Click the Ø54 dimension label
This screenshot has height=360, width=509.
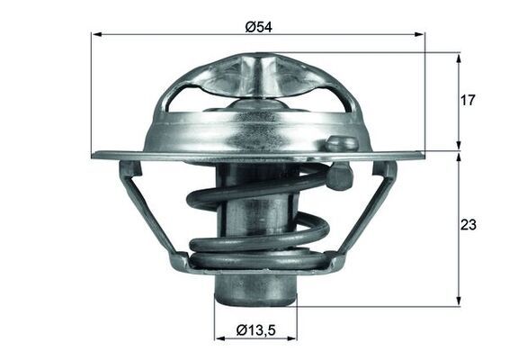[x=259, y=26]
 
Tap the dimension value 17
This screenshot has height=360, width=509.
[x=466, y=101]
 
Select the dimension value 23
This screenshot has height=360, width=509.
[x=467, y=224]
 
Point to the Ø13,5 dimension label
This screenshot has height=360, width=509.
[x=256, y=329]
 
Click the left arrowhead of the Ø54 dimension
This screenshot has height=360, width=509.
[x=97, y=34]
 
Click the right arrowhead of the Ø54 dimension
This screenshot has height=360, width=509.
[x=419, y=34]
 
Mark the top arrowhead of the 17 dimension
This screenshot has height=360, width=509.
[x=459, y=58]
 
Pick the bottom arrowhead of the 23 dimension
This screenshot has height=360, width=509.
[x=459, y=301]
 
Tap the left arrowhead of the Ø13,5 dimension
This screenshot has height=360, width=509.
[x=219, y=338]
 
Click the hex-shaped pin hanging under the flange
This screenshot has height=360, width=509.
[x=338, y=177]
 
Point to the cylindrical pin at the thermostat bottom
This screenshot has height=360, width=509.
[x=256, y=288]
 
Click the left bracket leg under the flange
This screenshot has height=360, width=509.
[x=153, y=216]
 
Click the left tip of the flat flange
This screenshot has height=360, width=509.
[x=95, y=155]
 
